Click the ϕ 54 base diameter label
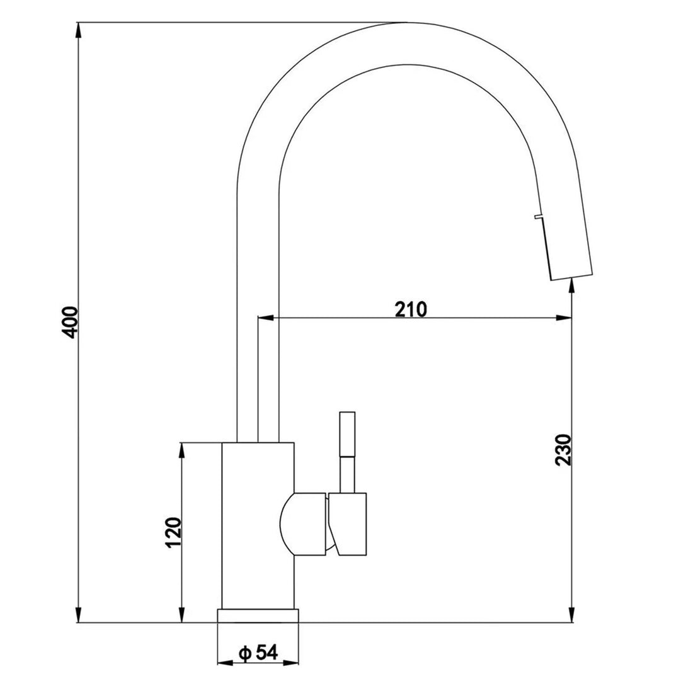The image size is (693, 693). tap(259, 654)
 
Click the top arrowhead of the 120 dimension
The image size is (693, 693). tap(182, 449)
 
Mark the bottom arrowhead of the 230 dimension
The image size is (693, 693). tap(571, 616)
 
